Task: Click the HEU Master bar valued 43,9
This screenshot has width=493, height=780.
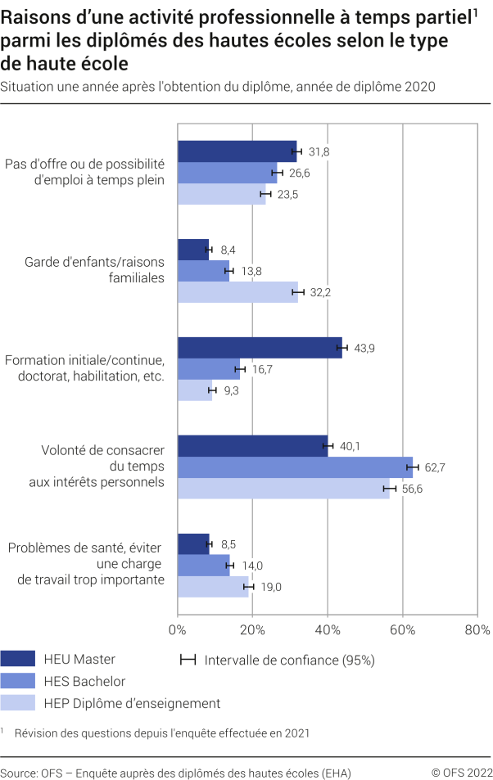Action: coord(259,348)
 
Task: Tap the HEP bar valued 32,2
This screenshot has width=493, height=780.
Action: coord(237,292)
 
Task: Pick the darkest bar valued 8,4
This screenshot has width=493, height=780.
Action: coord(193,250)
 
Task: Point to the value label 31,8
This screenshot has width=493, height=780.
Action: coord(319,151)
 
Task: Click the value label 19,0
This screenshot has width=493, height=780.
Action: coord(270,587)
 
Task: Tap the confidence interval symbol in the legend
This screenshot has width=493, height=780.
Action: coord(188,659)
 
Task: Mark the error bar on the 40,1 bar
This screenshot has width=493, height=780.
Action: coord(328,446)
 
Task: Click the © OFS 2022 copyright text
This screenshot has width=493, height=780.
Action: coord(462,773)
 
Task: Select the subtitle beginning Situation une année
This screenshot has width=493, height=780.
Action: coord(218,85)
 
